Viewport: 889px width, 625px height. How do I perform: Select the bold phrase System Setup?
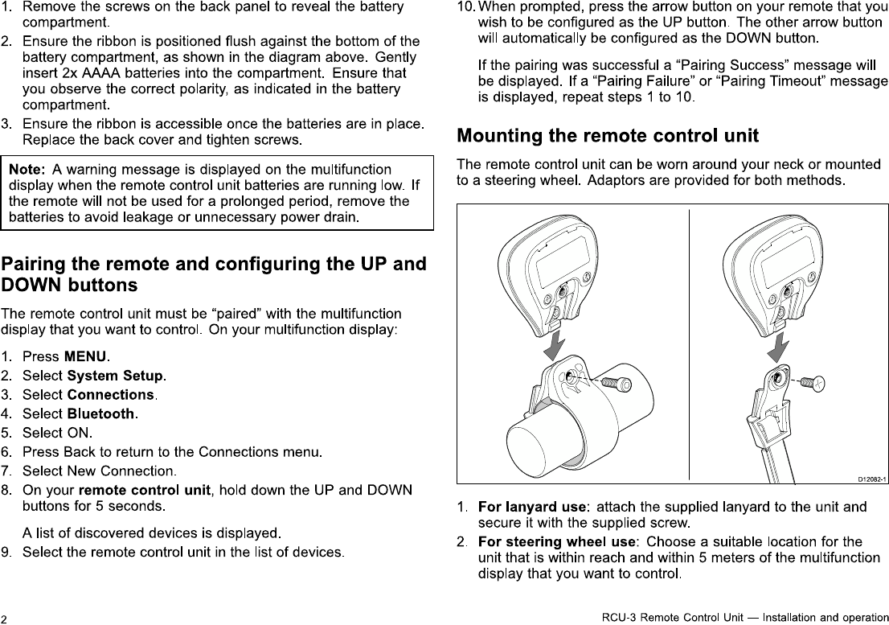point(116,376)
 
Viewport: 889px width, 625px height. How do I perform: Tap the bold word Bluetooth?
point(101,414)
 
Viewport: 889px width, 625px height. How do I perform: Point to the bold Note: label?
point(27,170)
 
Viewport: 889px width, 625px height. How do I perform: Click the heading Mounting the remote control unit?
point(607,135)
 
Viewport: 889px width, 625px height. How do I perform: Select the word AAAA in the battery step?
point(95,73)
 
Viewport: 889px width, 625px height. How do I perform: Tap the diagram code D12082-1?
point(871,479)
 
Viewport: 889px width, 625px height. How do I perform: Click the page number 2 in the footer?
point(6,618)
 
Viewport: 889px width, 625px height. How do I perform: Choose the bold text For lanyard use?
point(531,507)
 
